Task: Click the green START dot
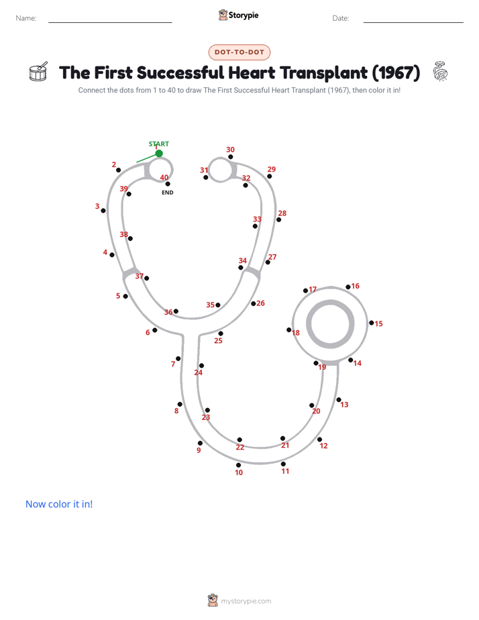click(x=159, y=154)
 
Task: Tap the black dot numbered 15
click(x=372, y=323)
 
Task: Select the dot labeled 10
click(x=238, y=465)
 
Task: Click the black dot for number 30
click(x=230, y=157)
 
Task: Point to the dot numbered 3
click(x=103, y=211)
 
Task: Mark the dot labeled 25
click(x=221, y=333)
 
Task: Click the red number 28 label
click(x=282, y=213)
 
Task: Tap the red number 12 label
click(x=323, y=446)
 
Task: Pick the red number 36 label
click(x=168, y=312)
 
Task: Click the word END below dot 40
click(x=168, y=193)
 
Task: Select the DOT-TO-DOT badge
click(x=239, y=52)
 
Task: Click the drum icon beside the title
click(x=38, y=72)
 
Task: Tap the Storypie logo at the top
click(x=239, y=15)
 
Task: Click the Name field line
click(x=110, y=22)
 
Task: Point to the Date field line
click(x=413, y=22)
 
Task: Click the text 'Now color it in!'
click(x=59, y=504)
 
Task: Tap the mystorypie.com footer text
click(x=246, y=601)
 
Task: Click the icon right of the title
click(x=440, y=71)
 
